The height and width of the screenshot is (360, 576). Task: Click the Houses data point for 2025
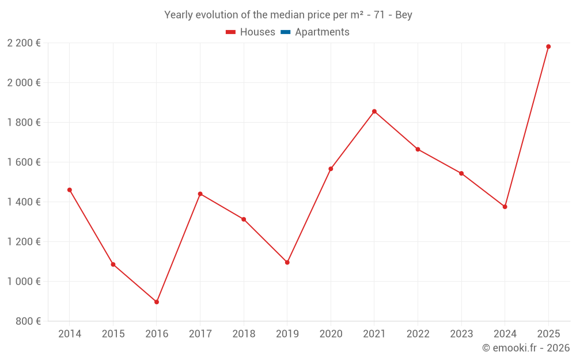(x=548, y=47)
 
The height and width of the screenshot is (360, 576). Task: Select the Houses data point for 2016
(x=157, y=302)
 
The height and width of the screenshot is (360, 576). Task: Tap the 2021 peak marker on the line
(x=374, y=111)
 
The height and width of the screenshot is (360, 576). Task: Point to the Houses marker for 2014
(x=70, y=190)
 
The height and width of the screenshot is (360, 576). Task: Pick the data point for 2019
(x=287, y=263)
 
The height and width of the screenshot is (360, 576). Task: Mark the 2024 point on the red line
(x=505, y=207)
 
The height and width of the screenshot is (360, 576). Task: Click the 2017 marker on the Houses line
(x=200, y=194)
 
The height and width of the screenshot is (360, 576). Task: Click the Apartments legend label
(x=322, y=32)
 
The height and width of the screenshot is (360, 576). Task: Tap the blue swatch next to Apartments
(x=285, y=32)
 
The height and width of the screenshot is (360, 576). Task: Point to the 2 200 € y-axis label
(x=24, y=43)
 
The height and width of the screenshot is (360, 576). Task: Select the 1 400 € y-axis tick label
(x=24, y=202)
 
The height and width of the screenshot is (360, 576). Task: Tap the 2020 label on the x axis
(x=331, y=334)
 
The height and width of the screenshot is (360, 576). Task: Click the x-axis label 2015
(x=113, y=334)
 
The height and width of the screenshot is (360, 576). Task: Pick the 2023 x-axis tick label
(x=461, y=334)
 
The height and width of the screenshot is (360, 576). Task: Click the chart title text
(x=288, y=15)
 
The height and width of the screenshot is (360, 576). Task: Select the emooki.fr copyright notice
(x=525, y=348)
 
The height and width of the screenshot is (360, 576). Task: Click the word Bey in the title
(x=404, y=15)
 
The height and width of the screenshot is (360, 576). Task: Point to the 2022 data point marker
(x=418, y=149)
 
